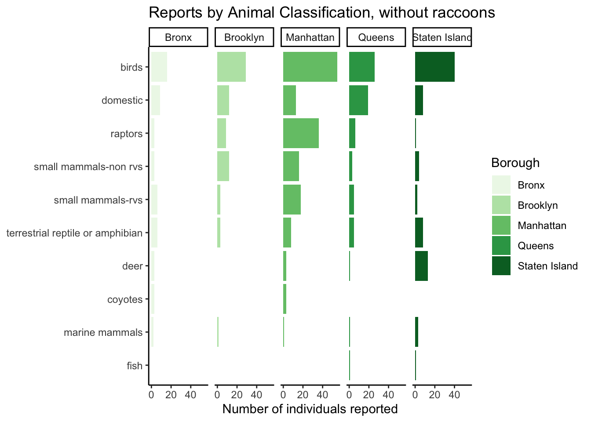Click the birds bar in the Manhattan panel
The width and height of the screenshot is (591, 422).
tap(310, 67)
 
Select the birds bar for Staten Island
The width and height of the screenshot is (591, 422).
tap(435, 67)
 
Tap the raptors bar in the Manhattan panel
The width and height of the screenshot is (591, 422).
tap(301, 133)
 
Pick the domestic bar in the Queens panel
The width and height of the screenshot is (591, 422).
tap(358, 100)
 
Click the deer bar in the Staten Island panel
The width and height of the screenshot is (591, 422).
tap(421, 266)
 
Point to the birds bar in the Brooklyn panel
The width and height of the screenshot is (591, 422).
tap(231, 67)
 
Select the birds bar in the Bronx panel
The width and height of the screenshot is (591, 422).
tap(159, 67)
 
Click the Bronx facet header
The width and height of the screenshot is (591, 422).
tap(178, 37)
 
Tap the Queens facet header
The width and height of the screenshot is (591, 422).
tap(376, 37)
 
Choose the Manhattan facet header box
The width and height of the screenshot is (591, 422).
tap(310, 37)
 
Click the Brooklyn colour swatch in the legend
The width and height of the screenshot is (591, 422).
tap(501, 205)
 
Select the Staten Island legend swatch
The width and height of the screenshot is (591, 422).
tap(501, 266)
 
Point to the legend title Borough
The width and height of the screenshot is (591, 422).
tap(515, 163)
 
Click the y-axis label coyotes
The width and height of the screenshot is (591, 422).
tap(125, 300)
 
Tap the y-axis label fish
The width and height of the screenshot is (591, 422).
tap(135, 366)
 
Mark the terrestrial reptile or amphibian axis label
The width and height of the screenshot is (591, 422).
tap(74, 233)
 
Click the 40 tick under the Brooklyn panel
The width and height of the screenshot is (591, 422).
tap(256, 395)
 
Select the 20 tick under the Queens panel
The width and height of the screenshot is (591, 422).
tap(368, 395)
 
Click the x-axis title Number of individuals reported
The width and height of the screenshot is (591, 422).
tap(310, 409)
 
